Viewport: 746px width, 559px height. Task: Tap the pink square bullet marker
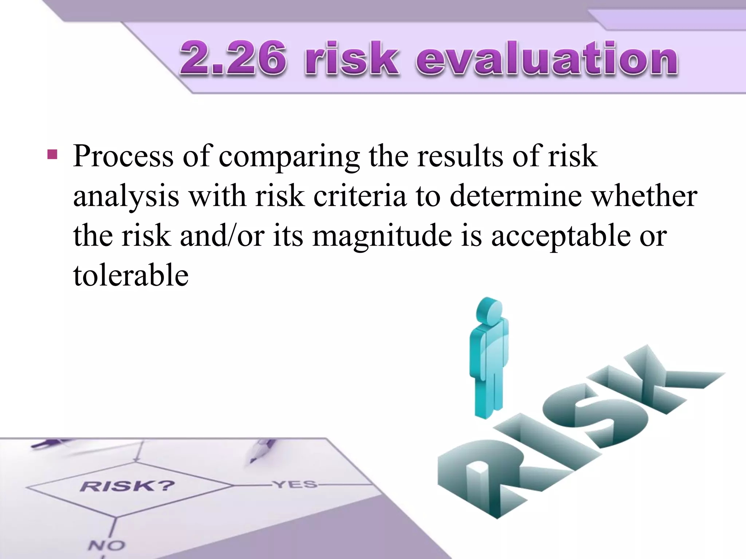[52, 154]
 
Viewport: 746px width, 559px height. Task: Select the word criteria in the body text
[359, 197]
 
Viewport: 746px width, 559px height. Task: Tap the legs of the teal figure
[488, 393]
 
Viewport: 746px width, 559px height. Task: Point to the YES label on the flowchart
[295, 484]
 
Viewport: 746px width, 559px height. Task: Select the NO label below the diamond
[106, 545]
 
